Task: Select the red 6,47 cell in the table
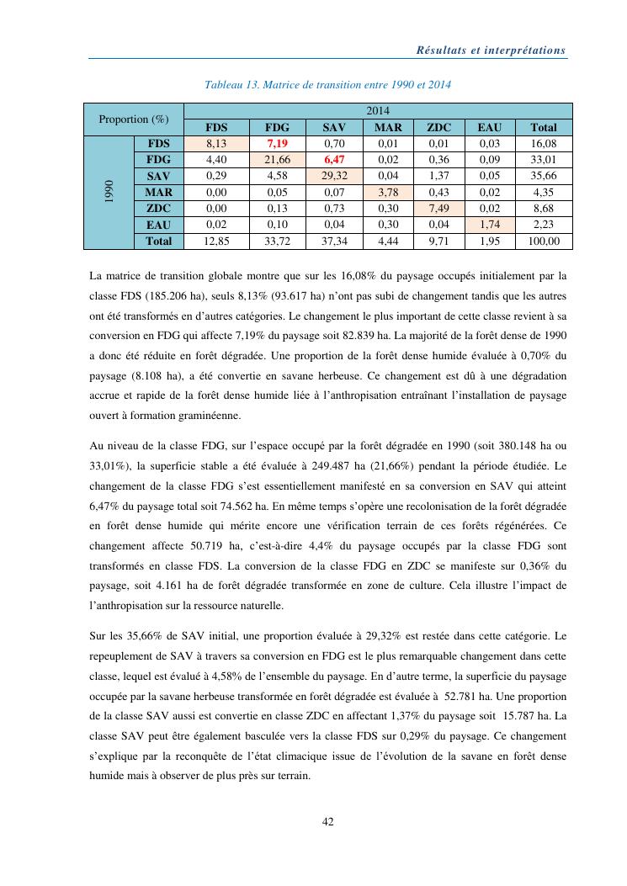334,160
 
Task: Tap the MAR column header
387,128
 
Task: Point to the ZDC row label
158,209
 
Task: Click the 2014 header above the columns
377,111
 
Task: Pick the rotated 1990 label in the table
109,193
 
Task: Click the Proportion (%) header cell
133,119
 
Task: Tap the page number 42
329,822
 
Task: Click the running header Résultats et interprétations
492,50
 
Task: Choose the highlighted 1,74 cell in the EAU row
491,225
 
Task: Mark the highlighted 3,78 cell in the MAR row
387,193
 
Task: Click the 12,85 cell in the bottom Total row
216,241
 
